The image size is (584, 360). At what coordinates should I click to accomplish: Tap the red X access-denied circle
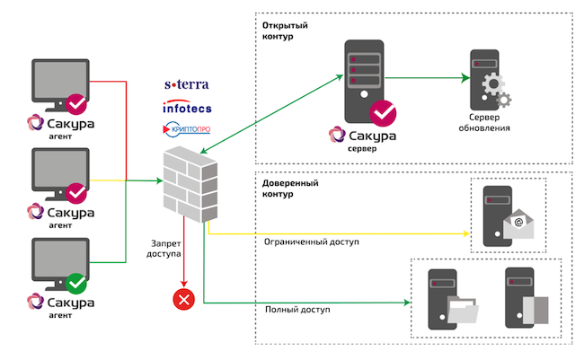tap(183, 298)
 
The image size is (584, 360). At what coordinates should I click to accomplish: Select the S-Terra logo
tap(186, 85)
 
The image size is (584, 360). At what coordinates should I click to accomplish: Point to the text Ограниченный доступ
tap(311, 241)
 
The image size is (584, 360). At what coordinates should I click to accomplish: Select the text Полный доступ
tap(297, 311)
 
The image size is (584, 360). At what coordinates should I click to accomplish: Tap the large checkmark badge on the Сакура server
tap(385, 113)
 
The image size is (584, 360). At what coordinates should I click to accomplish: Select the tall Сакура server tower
tap(359, 77)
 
